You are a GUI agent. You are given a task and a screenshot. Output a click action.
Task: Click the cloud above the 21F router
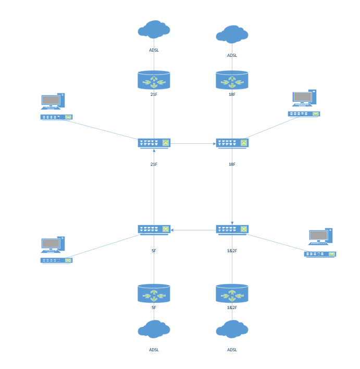[154, 30]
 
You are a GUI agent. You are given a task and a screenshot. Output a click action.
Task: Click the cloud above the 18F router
[232, 34]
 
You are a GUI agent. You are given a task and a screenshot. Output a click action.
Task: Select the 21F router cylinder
[154, 80]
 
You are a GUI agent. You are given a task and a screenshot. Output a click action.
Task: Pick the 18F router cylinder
[232, 80]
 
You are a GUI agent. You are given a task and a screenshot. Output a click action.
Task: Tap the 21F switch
[154, 143]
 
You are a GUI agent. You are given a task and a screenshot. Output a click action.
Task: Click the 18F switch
[232, 143]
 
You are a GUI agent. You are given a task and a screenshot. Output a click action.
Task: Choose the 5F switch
[154, 229]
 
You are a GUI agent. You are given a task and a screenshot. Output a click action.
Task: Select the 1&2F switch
[232, 229]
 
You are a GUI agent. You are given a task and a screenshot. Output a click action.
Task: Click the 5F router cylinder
[154, 294]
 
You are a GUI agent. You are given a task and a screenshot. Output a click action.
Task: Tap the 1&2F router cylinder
[232, 294]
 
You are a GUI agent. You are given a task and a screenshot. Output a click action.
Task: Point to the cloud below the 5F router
[154, 329]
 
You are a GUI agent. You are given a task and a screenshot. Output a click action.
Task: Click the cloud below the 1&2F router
[232, 329]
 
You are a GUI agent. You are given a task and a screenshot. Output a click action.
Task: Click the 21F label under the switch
[154, 164]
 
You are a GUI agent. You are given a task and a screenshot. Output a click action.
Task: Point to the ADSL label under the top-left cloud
[154, 51]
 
